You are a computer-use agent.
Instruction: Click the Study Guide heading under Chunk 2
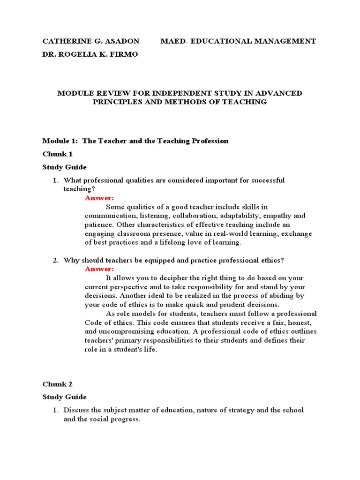(64, 397)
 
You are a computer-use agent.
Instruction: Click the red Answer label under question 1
(99, 198)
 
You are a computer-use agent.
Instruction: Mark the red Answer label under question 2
(99, 269)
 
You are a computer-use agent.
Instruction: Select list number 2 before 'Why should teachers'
(55, 260)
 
